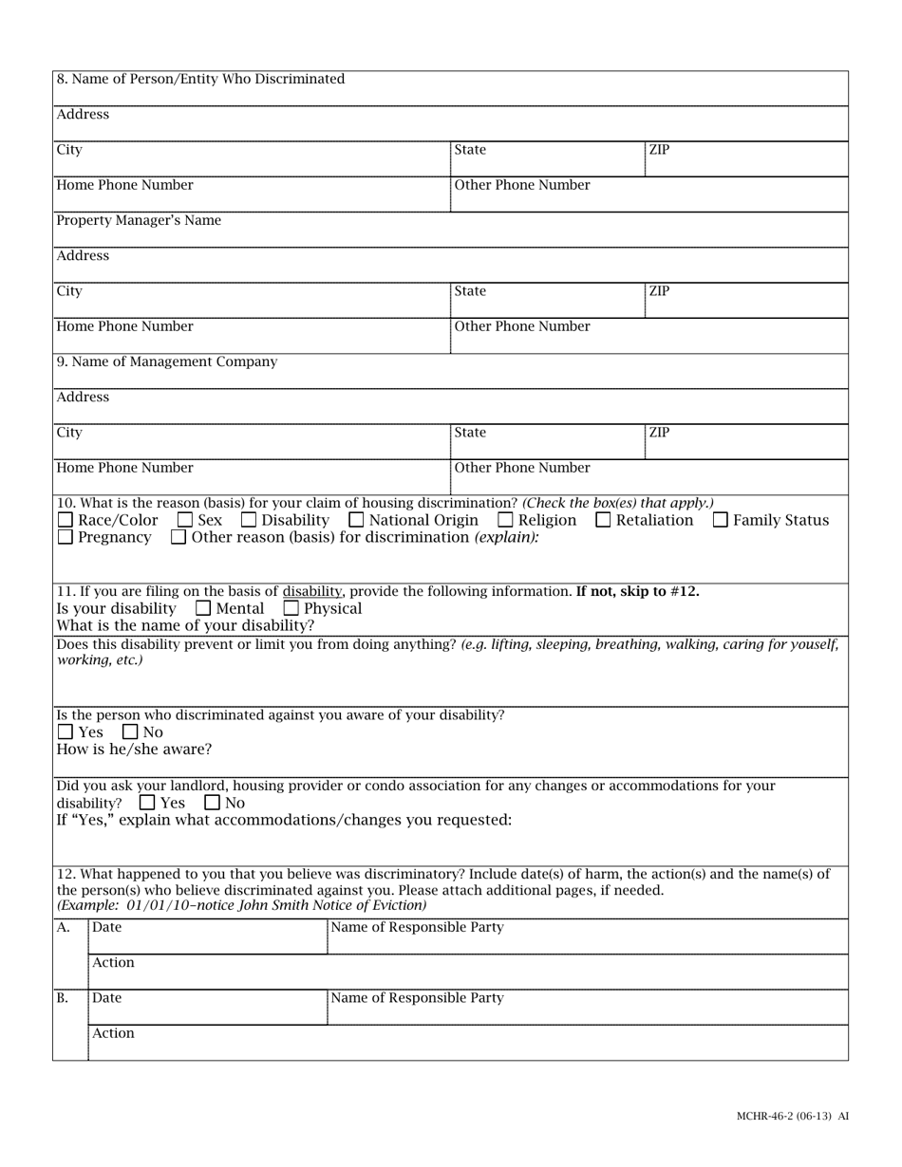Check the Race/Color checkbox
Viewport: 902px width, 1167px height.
pos(66,520)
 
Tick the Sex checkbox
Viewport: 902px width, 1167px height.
pos(185,520)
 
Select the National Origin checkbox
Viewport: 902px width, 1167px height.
pos(356,520)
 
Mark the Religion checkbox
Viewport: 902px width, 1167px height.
pos(506,520)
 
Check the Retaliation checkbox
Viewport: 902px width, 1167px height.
pos(604,520)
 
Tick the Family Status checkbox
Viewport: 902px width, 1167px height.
pos(721,520)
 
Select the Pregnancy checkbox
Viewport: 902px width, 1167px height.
pos(66,538)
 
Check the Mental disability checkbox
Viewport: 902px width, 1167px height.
pos(203,608)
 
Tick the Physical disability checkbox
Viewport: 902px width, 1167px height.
pos(291,608)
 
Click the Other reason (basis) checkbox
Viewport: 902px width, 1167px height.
pos(179,538)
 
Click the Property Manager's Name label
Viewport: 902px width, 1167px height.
pos(139,220)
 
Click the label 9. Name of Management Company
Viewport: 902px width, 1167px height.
pos(167,361)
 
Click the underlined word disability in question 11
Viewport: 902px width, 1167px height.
pos(311,591)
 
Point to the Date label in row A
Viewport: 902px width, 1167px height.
pos(106,928)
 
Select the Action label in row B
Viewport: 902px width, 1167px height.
pos(113,1033)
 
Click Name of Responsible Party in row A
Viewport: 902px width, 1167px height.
pos(417,927)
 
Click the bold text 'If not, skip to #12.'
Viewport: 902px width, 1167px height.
pos(637,591)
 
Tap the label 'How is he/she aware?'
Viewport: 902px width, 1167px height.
pos(134,750)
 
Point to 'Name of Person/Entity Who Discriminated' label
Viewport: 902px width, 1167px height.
pos(200,79)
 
